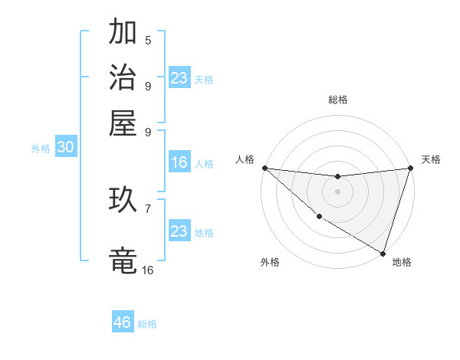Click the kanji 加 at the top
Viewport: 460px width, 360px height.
point(123,33)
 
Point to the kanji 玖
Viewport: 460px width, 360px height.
point(123,201)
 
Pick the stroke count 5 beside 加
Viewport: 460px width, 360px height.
point(148,41)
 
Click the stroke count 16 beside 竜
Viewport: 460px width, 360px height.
point(147,270)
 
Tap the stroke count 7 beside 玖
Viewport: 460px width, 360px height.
point(148,208)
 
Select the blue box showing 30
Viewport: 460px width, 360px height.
point(65,148)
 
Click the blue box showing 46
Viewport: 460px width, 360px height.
point(123,322)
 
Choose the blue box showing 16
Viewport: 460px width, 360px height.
point(179,162)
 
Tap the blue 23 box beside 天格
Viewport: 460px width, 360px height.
point(179,78)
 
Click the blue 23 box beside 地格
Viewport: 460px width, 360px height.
point(179,231)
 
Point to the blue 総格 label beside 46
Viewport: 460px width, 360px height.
point(147,324)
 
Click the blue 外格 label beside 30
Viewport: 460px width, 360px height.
point(41,149)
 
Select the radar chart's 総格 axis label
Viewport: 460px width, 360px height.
point(338,100)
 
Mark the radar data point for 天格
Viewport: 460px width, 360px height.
point(411,169)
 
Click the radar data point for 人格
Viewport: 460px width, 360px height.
point(264,168)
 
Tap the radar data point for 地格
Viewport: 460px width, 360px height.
point(383,253)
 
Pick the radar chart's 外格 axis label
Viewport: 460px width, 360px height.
point(270,262)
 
